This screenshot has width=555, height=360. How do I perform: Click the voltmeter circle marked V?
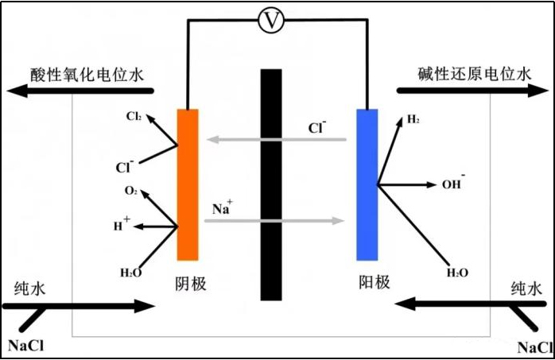tap(272, 21)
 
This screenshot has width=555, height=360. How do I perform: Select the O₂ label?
tap(131, 192)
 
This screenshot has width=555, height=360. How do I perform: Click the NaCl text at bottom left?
tap(30, 346)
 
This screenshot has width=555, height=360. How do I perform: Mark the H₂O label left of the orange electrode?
tap(131, 273)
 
